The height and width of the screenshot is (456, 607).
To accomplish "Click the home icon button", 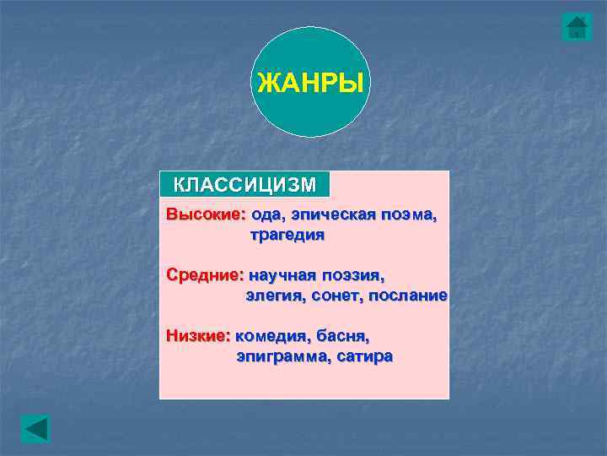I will click(577, 27).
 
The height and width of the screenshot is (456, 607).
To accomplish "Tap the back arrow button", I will click(35, 428).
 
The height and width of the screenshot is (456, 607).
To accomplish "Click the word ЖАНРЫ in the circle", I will click(310, 84).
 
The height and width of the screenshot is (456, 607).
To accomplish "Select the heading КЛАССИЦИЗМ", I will click(244, 184).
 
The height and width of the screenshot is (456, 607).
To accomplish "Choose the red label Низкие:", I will click(198, 335).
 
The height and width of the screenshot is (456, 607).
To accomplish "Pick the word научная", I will click(282, 275).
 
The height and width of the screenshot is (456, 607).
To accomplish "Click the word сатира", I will click(364, 356).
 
